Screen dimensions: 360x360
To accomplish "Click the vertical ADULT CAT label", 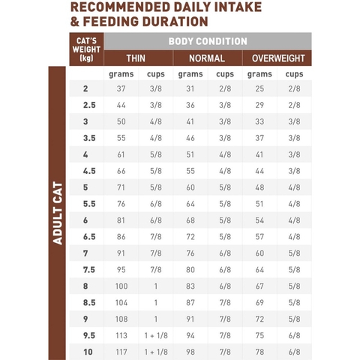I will point(58,213).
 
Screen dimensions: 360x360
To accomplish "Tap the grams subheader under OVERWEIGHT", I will point(259,74).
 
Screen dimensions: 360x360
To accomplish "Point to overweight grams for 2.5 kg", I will point(259,105).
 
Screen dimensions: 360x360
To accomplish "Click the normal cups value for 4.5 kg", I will point(224,170).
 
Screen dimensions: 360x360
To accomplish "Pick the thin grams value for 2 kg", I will point(121,89).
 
